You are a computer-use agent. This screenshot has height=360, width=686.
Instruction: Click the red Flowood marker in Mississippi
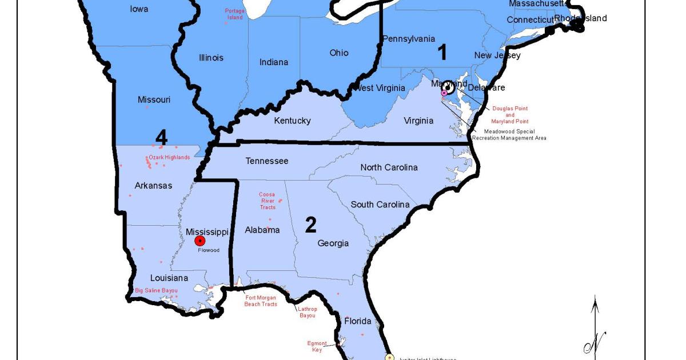pos(200,241)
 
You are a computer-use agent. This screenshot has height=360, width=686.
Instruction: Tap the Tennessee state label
pos(267,161)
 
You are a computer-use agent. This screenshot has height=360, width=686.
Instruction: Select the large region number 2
pos(310,225)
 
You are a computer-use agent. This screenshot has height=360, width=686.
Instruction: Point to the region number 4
pos(162,138)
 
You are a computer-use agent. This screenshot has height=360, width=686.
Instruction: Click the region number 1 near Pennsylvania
pos(442,53)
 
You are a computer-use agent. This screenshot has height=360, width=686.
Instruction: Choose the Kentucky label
pos(292,121)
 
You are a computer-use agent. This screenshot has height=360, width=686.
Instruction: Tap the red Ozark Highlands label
pos(169,157)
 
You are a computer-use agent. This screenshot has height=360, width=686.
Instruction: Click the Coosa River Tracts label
pos(267,201)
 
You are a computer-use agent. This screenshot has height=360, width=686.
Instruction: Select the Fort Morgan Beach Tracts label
pos(261,301)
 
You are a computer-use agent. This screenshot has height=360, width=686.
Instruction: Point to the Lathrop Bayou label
pos(308,312)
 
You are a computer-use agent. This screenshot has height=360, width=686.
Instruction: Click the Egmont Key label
pos(317,346)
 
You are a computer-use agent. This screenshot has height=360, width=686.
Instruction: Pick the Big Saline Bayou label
pos(156,290)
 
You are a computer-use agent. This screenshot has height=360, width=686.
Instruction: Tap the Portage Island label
pos(234,14)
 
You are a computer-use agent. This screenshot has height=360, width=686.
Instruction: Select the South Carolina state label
pos(380,205)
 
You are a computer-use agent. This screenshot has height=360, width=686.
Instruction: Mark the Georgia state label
pos(333,243)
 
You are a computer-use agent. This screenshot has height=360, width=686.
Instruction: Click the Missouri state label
pos(154,99)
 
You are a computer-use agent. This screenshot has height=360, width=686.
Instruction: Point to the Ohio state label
pos(338,53)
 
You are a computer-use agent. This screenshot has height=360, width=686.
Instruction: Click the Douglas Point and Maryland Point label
pos(510,115)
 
